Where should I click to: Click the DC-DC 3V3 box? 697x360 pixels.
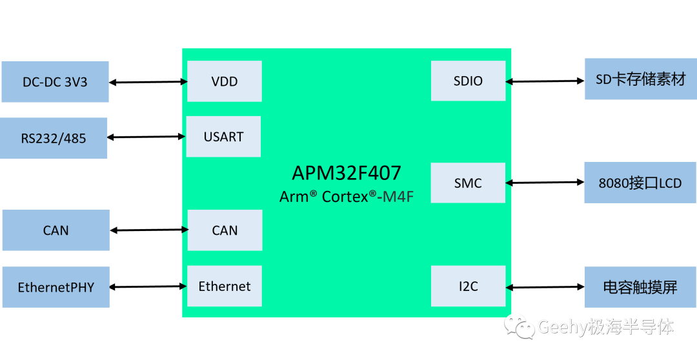[x=55, y=82]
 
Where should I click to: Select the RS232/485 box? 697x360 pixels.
[x=54, y=138]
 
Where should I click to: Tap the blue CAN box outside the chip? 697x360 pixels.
[x=56, y=230]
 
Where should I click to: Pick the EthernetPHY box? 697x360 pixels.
[x=56, y=287]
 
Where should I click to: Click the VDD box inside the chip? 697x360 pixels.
[x=225, y=81]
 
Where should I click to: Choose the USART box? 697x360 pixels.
[x=223, y=137]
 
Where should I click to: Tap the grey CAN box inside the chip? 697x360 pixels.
[x=225, y=230]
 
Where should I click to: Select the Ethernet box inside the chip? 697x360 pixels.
[x=225, y=286]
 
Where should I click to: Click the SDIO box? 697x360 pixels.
[x=468, y=81]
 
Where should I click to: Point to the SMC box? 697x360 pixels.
[x=468, y=183]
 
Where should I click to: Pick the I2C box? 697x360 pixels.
[x=468, y=286]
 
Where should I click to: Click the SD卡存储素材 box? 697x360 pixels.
[x=640, y=79]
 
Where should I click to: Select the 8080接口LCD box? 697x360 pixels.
[x=640, y=183]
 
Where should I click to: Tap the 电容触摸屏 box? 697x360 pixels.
[x=640, y=287]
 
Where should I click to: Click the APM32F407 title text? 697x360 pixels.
[x=347, y=173]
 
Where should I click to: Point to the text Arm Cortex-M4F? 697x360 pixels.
[x=347, y=197]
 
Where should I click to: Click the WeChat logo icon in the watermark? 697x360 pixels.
[x=520, y=326]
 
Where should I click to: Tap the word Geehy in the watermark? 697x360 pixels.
[x=562, y=327]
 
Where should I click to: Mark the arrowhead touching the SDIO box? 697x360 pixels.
[x=509, y=81]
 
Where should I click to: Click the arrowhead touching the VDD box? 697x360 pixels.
[x=185, y=82]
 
